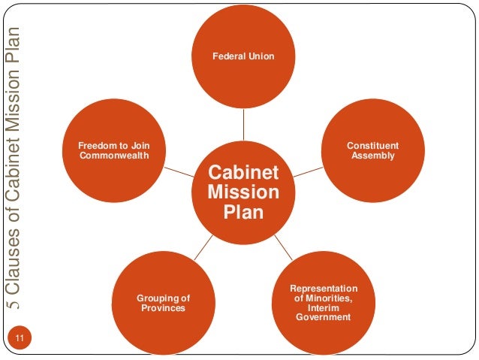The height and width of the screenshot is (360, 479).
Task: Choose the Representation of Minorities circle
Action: click(x=324, y=302)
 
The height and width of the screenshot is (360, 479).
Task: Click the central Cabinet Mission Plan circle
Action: click(x=243, y=192)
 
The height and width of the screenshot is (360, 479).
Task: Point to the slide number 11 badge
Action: click(x=20, y=338)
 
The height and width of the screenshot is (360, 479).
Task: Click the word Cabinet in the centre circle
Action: click(x=243, y=174)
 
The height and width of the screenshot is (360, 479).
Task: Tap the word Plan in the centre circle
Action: click(x=243, y=212)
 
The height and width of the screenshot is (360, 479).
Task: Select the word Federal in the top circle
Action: click(x=228, y=57)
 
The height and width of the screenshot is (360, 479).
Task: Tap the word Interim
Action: click(x=324, y=307)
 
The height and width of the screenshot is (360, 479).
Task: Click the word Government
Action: click(x=324, y=317)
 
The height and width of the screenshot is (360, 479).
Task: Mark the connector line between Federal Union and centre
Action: click(x=243, y=123)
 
